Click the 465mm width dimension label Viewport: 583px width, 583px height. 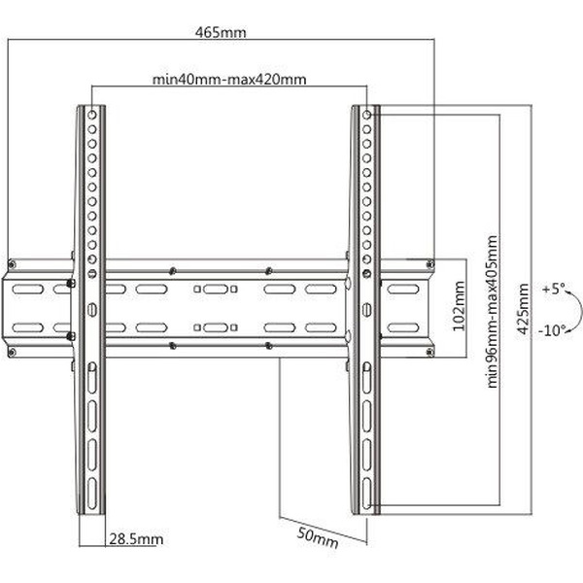[221, 32]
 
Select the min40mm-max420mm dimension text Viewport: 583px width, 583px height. [229, 80]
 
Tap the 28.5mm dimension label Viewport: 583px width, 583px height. [136, 539]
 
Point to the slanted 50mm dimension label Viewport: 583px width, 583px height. [318, 538]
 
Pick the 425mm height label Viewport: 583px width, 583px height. [523, 309]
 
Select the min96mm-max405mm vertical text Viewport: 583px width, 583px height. [492, 312]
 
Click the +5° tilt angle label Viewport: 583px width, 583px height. [553, 289]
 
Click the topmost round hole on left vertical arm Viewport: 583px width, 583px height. [92, 115]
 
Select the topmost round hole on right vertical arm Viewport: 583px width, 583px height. [366, 115]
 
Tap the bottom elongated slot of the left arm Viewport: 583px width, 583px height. [92, 493]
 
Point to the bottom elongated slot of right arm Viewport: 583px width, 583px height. [366, 493]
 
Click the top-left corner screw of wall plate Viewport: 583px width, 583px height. [12, 264]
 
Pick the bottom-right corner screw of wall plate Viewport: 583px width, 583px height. [429, 352]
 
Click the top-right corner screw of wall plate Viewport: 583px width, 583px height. [430, 264]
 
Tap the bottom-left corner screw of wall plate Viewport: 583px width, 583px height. [12, 352]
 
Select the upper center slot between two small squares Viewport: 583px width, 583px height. [216, 289]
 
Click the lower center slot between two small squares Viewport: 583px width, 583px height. [216, 327]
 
